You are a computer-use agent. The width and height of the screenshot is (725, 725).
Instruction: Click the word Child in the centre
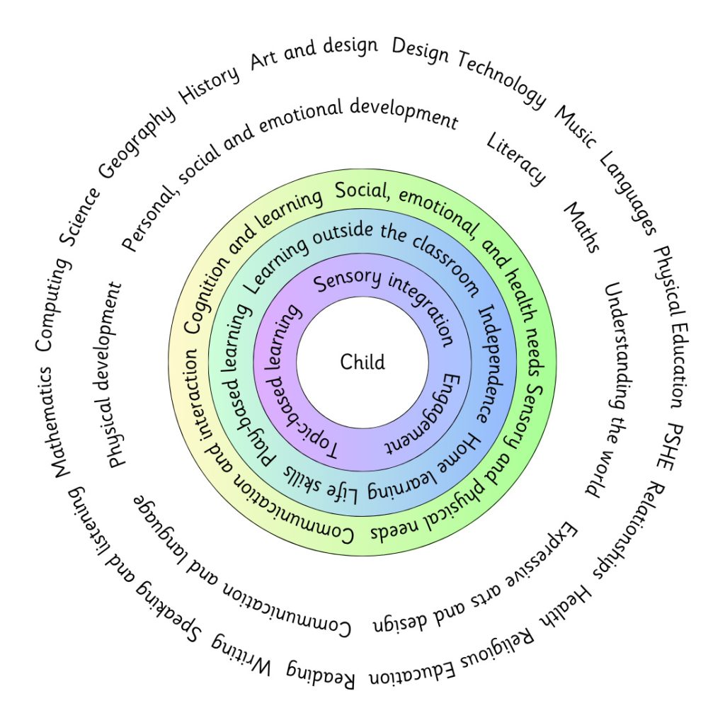coord(362,362)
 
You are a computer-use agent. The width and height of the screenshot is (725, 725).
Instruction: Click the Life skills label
coord(319,484)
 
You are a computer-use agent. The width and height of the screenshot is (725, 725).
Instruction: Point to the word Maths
coord(582,227)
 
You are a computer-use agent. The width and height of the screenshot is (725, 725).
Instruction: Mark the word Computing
coord(52,305)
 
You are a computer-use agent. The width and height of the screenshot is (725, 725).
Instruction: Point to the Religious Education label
coord(453,659)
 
